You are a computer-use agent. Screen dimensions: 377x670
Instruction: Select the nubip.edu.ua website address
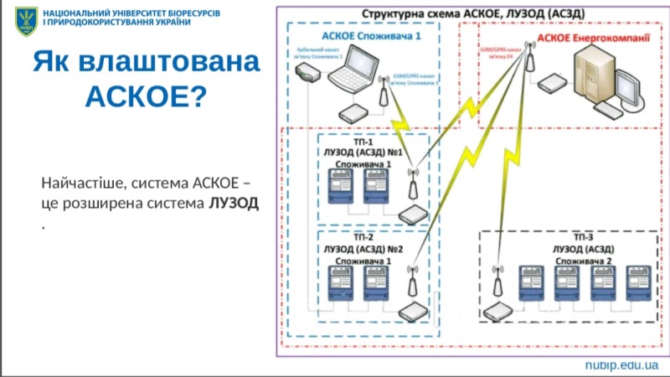621,366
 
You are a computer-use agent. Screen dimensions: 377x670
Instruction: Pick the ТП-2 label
364,238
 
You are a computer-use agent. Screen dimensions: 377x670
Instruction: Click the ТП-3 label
571,238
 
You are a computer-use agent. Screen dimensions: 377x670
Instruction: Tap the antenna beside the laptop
384,91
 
